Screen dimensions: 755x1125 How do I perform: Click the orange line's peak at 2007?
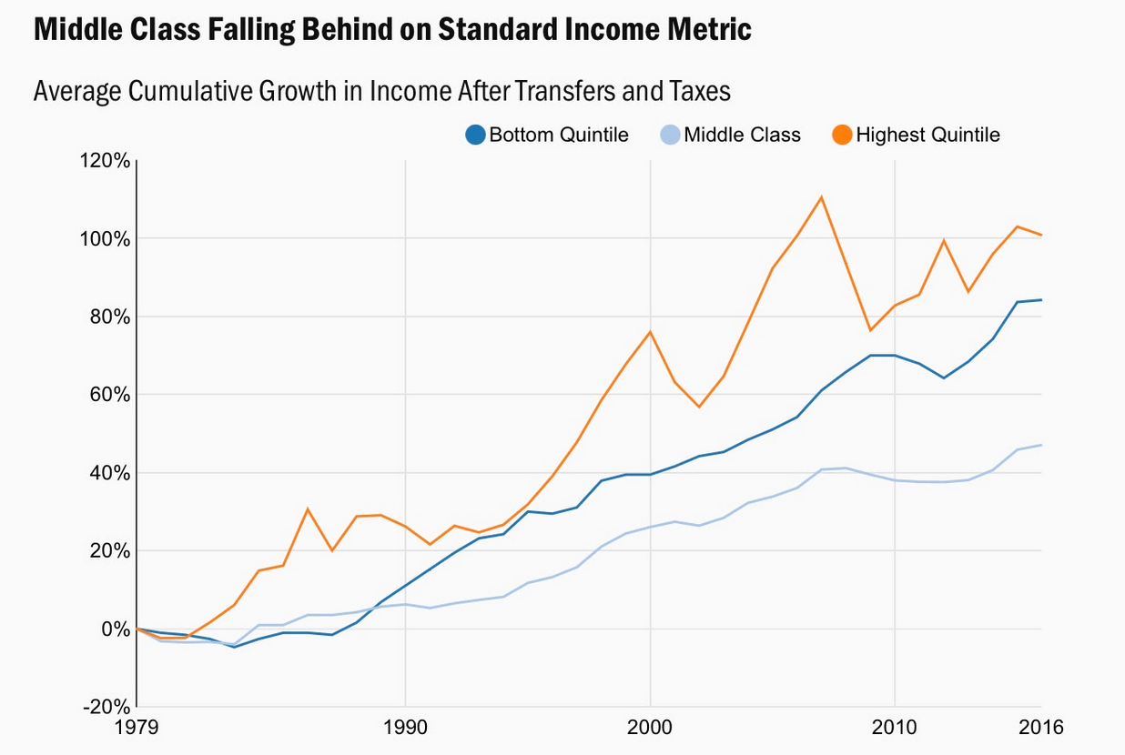(x=821, y=196)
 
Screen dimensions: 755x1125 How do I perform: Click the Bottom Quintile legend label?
(x=559, y=136)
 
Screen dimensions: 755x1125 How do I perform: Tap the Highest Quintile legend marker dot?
(x=842, y=136)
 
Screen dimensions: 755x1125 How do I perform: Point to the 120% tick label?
(x=105, y=161)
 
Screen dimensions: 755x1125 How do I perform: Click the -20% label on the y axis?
(x=105, y=707)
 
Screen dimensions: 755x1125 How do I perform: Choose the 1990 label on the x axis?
(x=404, y=728)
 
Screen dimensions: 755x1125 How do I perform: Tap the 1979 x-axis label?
(x=137, y=728)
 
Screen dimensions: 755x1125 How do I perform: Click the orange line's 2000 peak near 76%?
(x=650, y=331)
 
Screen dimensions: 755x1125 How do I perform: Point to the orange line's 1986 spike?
(x=308, y=509)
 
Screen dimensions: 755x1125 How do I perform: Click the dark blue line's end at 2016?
(x=1041, y=300)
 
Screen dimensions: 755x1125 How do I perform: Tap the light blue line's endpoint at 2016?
(x=1041, y=445)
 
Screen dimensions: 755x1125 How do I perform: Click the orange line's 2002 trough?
(x=699, y=407)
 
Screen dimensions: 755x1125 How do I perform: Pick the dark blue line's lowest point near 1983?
(x=234, y=647)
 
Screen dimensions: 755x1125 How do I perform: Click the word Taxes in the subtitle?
(x=701, y=91)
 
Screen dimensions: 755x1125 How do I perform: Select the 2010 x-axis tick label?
(x=895, y=728)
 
